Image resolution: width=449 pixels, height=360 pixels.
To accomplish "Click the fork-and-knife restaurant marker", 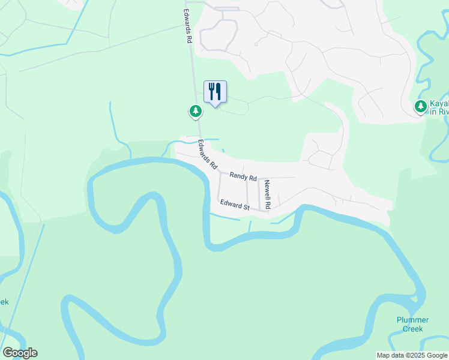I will tap(215, 92).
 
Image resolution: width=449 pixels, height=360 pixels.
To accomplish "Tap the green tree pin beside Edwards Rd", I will tap(195, 111).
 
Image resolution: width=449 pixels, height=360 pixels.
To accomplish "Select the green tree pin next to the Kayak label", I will tap(421, 107).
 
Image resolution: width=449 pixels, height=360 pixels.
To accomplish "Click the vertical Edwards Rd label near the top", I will tap(188, 26).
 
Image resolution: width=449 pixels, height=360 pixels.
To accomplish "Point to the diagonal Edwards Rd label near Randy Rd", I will tap(207, 153).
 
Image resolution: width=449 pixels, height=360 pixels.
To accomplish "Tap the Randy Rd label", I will tap(243, 178).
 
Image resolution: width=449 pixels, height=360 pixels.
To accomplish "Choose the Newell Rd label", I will tap(267, 195).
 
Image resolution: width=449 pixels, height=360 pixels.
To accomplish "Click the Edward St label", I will tap(235, 206).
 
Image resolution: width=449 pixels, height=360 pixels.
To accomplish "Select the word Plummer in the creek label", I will tap(412, 320).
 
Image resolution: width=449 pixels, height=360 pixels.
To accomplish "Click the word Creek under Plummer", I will tap(412, 329).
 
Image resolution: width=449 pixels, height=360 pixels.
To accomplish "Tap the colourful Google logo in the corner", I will tap(20, 353).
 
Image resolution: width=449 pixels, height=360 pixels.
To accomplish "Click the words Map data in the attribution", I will tap(390, 355).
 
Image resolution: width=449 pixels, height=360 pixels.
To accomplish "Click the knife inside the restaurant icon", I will tap(218, 91).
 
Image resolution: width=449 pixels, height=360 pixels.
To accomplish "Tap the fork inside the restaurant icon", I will tap(211, 91).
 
